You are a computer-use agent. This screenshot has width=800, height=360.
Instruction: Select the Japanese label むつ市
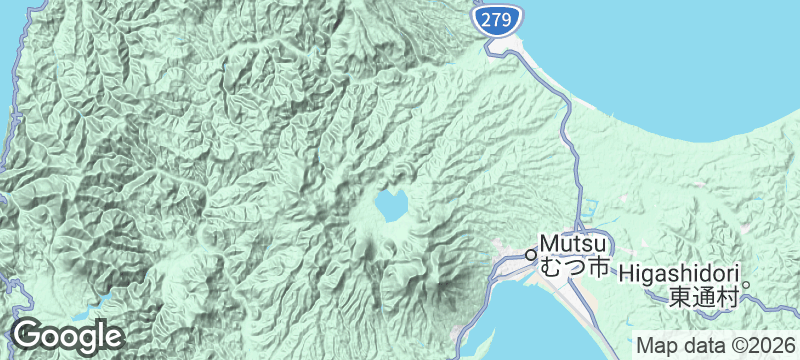pos(574,268)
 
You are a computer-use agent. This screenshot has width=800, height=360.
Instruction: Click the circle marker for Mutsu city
pos(531,254)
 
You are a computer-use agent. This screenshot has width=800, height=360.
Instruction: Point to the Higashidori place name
pos(678,273)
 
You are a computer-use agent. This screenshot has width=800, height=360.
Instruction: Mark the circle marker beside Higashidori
pos(746,283)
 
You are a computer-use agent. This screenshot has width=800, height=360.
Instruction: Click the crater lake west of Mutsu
pos(390,207)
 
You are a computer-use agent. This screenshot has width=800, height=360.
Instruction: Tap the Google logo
pos(68,336)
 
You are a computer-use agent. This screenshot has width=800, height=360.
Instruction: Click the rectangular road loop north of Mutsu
pos(590,208)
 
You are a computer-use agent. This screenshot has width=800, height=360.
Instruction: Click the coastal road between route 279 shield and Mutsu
pos(566,120)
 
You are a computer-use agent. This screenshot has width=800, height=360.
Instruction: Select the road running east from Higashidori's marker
pos(775,296)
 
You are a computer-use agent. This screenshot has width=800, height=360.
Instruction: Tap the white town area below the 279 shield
pos(499,44)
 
